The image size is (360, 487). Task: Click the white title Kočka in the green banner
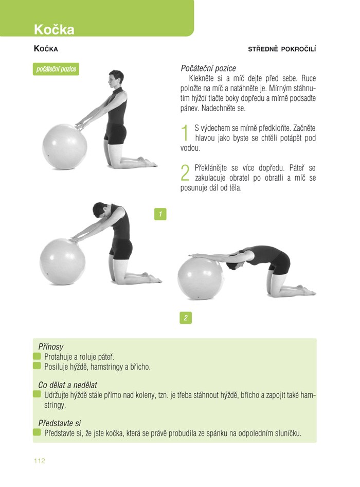(54, 29)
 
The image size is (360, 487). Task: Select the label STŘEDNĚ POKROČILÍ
(282, 49)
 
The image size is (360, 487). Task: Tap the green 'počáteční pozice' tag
(56, 69)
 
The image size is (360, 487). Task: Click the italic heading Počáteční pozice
(208, 68)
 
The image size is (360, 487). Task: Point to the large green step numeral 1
(185, 133)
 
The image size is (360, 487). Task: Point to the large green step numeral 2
(185, 172)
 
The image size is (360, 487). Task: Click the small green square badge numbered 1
(160, 214)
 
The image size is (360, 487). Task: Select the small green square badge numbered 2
(186, 318)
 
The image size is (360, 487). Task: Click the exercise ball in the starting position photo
(65, 147)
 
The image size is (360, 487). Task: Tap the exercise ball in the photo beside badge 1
(63, 262)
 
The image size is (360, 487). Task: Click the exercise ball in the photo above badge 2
(201, 279)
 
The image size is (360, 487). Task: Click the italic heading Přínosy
(50, 346)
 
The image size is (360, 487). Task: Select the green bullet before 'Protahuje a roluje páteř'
(37, 356)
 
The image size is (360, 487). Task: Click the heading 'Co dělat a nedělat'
(68, 385)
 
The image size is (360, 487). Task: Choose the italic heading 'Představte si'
(59, 423)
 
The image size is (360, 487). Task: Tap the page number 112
(40, 461)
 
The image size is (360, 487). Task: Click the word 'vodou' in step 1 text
(190, 148)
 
